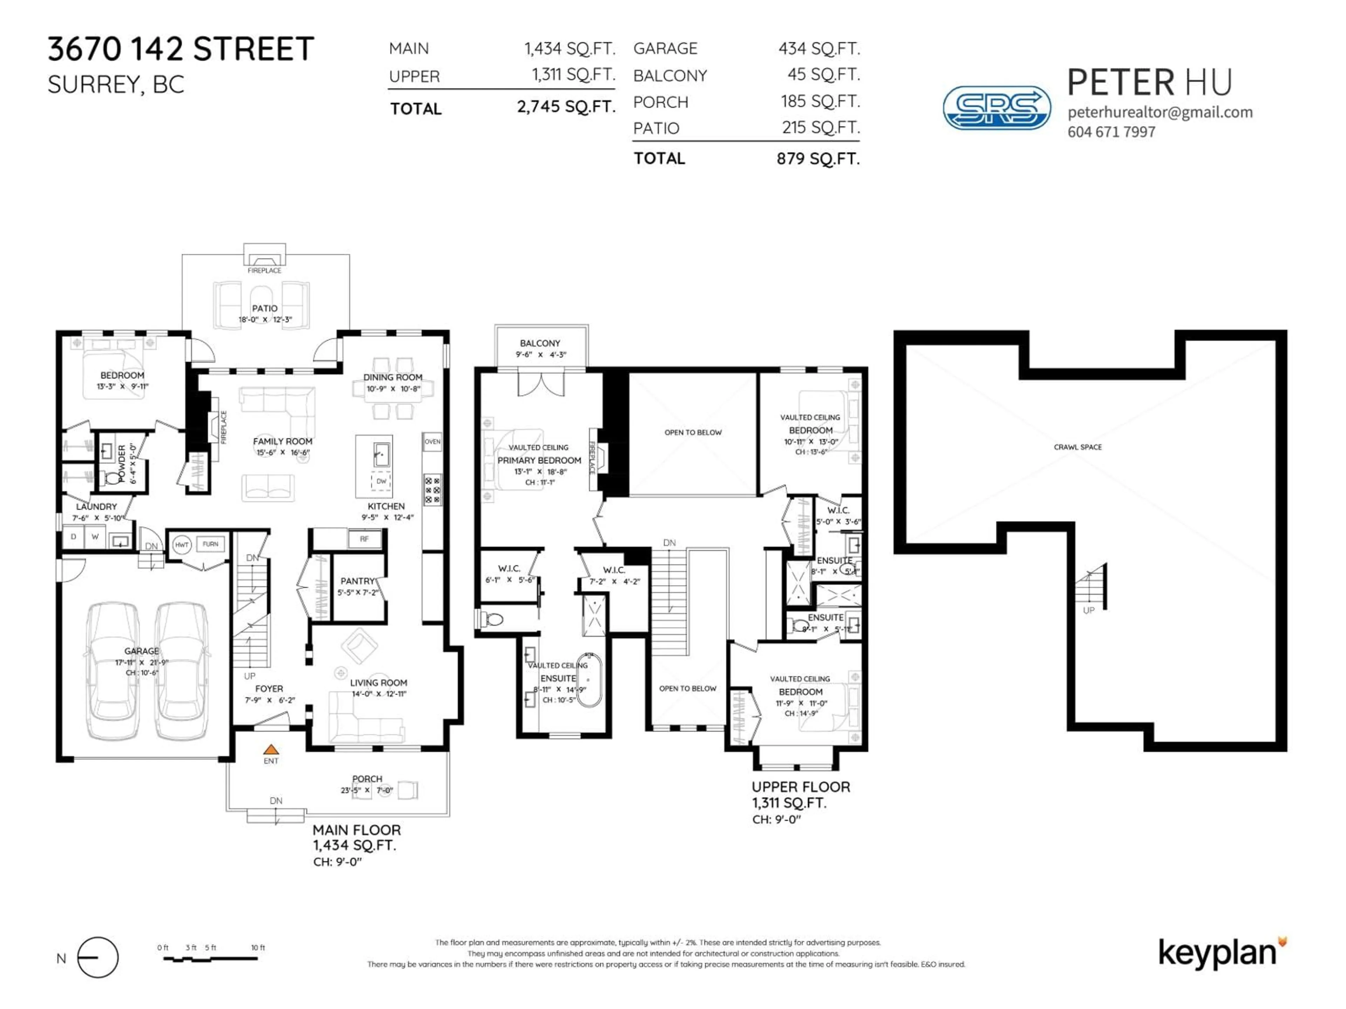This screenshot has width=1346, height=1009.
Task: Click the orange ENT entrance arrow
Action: click(x=271, y=750)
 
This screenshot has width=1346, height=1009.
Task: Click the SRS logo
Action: click(x=996, y=108)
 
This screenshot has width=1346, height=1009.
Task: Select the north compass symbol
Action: click(x=98, y=957)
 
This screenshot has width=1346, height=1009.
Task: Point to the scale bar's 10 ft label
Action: click(x=258, y=948)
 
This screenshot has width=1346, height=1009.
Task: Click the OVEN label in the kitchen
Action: click(x=432, y=441)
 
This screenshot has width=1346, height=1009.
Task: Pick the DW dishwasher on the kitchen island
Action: click(x=381, y=481)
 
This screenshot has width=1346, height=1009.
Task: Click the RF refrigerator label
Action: click(x=364, y=539)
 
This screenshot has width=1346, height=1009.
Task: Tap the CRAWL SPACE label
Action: click(x=1078, y=447)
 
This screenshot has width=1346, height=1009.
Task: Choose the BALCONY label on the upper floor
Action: click(x=540, y=343)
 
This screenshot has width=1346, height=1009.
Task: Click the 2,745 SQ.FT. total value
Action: click(x=566, y=107)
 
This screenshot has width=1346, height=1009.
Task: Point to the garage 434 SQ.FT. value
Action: click(x=819, y=49)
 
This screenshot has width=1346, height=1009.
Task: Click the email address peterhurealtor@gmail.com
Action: click(x=1160, y=112)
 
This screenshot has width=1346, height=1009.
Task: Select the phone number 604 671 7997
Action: click(x=1111, y=132)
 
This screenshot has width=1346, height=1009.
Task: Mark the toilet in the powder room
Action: click(x=112, y=478)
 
